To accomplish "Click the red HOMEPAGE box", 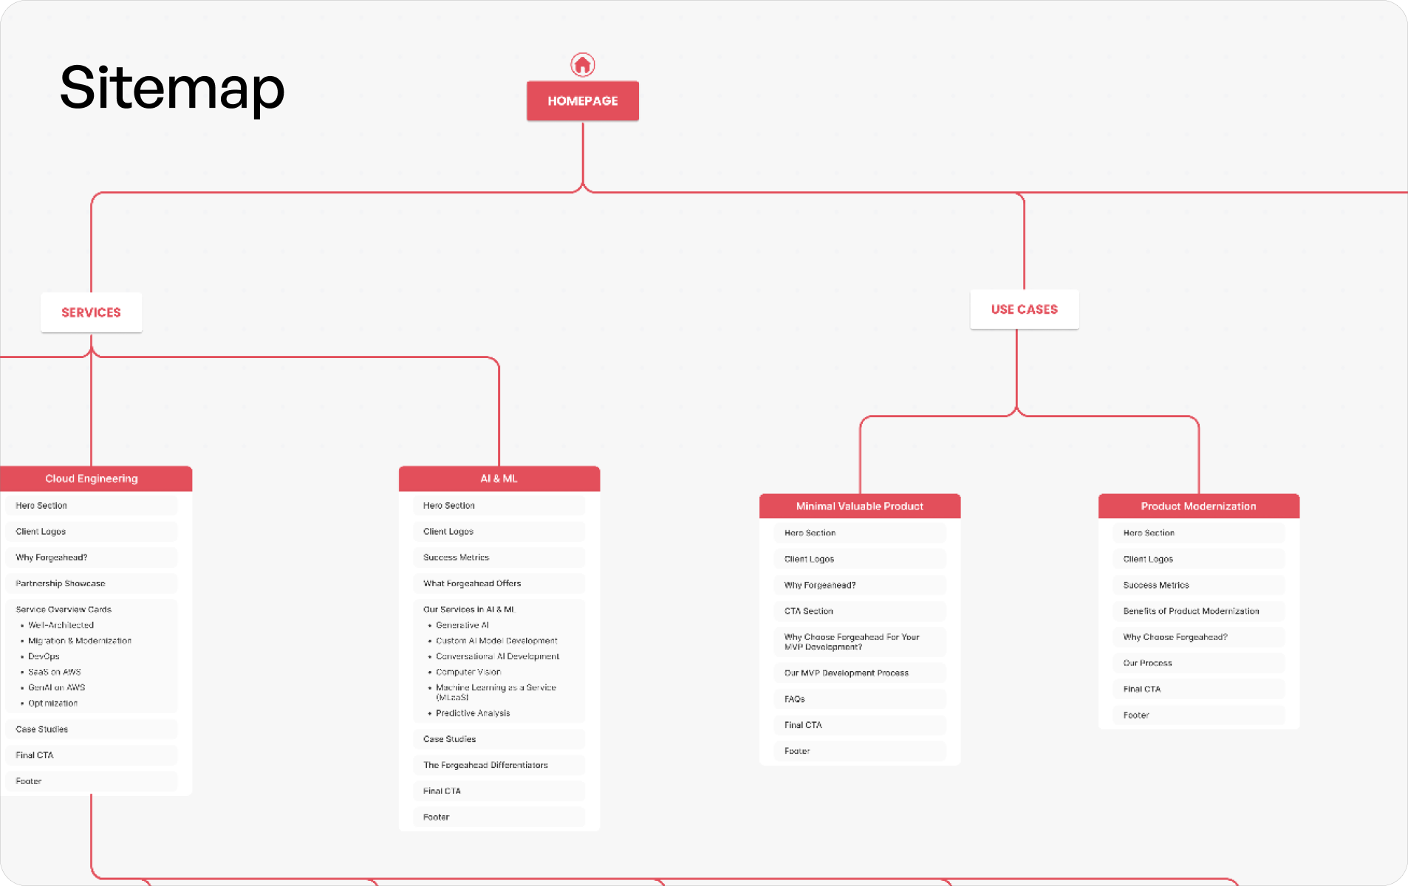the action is (x=582, y=101).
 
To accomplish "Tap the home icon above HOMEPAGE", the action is (x=582, y=65).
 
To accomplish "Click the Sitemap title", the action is (x=172, y=88).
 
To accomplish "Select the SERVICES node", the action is (x=91, y=312).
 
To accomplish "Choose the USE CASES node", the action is (x=1024, y=309).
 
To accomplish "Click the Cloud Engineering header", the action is (x=92, y=478).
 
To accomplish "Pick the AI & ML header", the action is (x=499, y=478).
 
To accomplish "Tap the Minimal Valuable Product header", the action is (x=859, y=506).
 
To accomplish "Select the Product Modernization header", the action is (x=1198, y=506).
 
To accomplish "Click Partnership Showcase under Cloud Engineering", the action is (x=61, y=583).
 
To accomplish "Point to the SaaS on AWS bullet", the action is (x=55, y=672).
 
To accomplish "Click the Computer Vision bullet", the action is (x=468, y=672).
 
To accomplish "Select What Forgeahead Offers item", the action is (x=472, y=583).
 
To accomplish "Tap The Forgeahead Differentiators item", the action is (x=485, y=765).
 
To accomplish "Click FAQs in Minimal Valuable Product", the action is (x=795, y=698).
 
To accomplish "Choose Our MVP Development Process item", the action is (x=847, y=673).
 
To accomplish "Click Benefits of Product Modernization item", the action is (x=1191, y=611).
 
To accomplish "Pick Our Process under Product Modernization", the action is (x=1147, y=663).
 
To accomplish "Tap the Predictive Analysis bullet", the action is (x=473, y=713).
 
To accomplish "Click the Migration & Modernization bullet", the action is (x=80, y=641).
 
